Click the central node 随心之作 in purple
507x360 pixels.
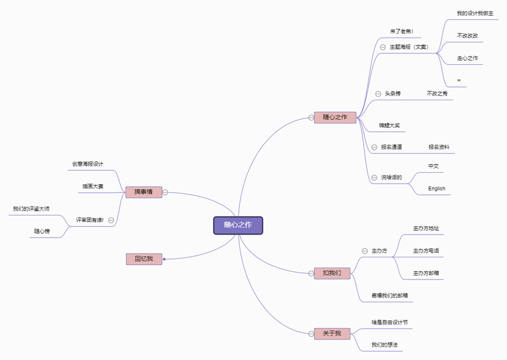coord(238,225)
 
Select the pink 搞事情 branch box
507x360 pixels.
coord(143,192)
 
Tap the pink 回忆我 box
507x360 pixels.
coord(144,259)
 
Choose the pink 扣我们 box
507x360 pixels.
coord(332,273)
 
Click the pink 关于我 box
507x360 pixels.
coord(332,333)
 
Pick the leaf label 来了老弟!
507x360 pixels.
coord(401,31)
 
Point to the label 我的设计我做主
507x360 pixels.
coord(475,13)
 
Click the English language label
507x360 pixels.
coord(437,188)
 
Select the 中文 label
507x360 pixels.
coord(434,166)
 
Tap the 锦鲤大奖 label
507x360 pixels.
coord(389,125)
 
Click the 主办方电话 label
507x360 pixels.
coord(426,250)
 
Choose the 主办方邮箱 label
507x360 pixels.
coord(426,273)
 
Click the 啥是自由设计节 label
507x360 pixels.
coord(389,322)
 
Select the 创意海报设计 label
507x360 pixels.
coord(88,163)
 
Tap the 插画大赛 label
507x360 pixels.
coord(93,186)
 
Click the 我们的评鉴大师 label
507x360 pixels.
coord(31,209)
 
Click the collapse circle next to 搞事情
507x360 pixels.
coord(165,193)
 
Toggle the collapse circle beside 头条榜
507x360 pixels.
coord(378,94)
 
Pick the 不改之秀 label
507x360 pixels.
coord(437,94)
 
